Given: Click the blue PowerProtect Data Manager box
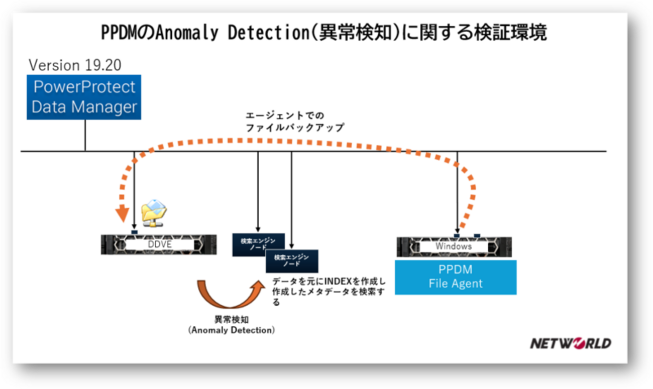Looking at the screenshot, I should click(x=84, y=97).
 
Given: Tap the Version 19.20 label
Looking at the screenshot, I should click(x=75, y=65).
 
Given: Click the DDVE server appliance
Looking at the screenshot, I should click(x=159, y=244).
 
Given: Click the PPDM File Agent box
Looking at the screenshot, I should click(x=455, y=277).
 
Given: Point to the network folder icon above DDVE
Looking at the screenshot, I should click(x=154, y=211).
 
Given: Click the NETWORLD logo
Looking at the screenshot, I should click(x=571, y=344).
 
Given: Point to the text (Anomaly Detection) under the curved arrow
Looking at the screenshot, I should click(x=232, y=330).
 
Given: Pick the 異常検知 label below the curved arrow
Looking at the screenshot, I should click(x=231, y=320).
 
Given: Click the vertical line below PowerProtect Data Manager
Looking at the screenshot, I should click(x=85, y=135).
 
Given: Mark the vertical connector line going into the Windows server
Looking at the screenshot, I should click(x=457, y=191).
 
